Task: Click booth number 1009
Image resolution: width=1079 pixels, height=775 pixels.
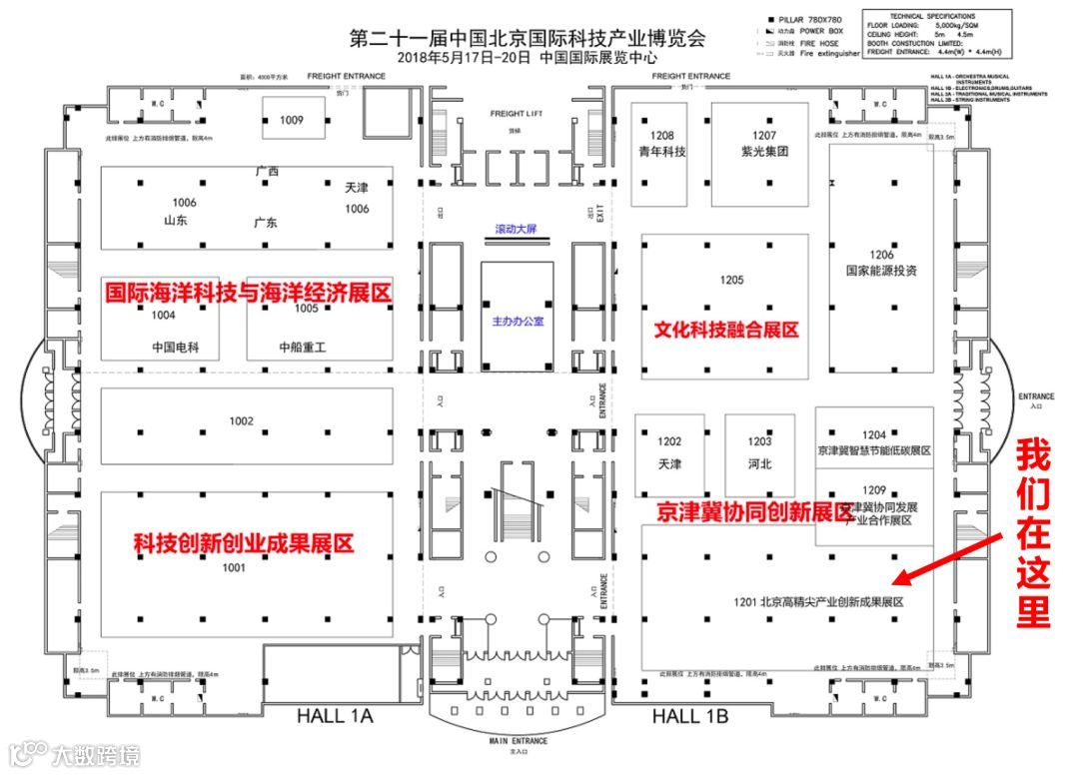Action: [x=291, y=120]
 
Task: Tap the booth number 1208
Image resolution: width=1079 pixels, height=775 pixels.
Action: [x=663, y=135]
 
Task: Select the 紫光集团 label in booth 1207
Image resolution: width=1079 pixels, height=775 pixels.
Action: [x=764, y=152]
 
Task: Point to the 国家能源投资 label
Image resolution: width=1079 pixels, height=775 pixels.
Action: [x=880, y=271]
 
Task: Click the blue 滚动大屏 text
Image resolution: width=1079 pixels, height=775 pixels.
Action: [x=517, y=230]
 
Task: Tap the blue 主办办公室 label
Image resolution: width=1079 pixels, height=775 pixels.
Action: [x=518, y=322]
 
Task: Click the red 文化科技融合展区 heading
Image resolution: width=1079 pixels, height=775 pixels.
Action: [x=726, y=330]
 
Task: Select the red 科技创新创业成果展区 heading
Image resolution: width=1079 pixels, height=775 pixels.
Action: [x=244, y=544]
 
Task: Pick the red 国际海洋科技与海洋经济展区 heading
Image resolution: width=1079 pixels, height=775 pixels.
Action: [x=249, y=293]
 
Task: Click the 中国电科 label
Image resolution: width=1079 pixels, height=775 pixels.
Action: [x=176, y=349]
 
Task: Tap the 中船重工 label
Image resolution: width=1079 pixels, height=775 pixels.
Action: [x=303, y=349]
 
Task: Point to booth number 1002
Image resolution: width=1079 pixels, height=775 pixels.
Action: [x=242, y=421]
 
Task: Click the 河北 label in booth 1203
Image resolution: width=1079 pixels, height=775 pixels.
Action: [x=759, y=464]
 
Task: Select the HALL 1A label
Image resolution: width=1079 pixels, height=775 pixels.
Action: [x=335, y=716]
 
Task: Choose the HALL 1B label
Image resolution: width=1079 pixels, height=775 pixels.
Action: [x=690, y=716]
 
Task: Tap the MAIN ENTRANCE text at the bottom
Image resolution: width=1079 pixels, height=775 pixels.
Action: [x=518, y=740]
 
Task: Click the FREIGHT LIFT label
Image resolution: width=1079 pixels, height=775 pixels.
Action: [x=516, y=114]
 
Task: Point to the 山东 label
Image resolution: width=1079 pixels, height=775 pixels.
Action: [x=176, y=221]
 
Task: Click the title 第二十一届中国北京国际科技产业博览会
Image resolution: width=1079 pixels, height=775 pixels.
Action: [x=527, y=39]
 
